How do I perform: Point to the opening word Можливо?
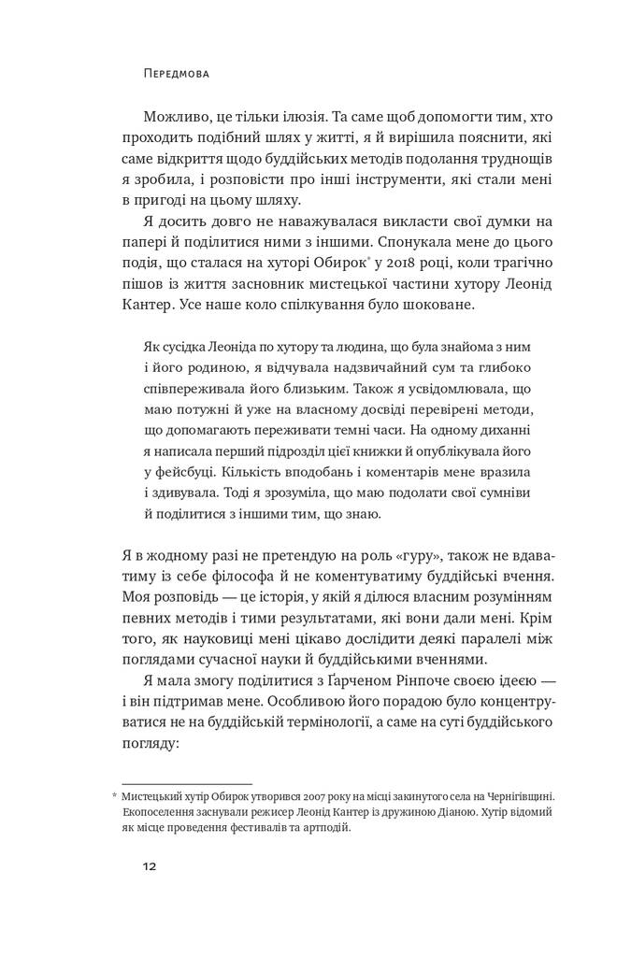175,119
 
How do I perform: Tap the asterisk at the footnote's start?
115,795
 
